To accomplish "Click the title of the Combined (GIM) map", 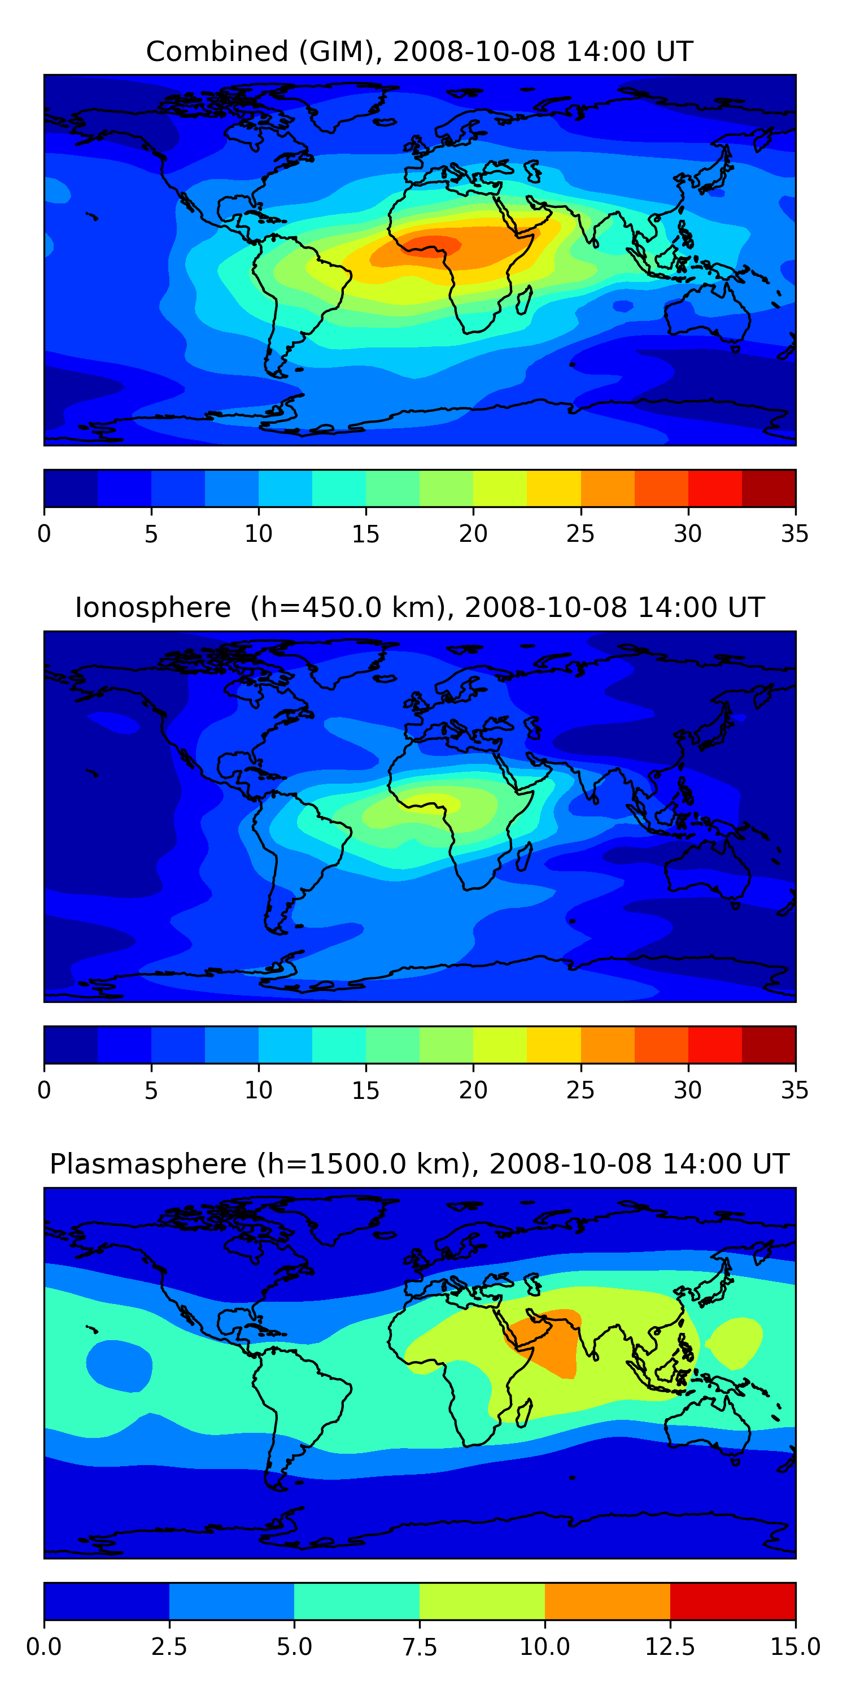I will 420,51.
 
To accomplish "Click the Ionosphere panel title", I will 420,607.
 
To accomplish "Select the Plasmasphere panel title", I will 420,1164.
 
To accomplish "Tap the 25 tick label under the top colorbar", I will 580,533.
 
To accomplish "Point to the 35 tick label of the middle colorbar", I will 794,1090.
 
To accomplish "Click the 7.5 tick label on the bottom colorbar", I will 420,1647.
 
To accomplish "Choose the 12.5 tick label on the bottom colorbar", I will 670,1647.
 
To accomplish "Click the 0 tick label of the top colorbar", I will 44,533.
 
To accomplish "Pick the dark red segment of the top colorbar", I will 768,488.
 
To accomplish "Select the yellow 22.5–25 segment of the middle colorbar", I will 554,1044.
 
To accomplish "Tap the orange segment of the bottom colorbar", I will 607,1601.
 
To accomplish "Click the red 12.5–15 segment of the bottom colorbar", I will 732,1601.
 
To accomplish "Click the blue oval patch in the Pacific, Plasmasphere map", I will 119,1366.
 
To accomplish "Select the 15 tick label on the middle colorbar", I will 366,1090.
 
